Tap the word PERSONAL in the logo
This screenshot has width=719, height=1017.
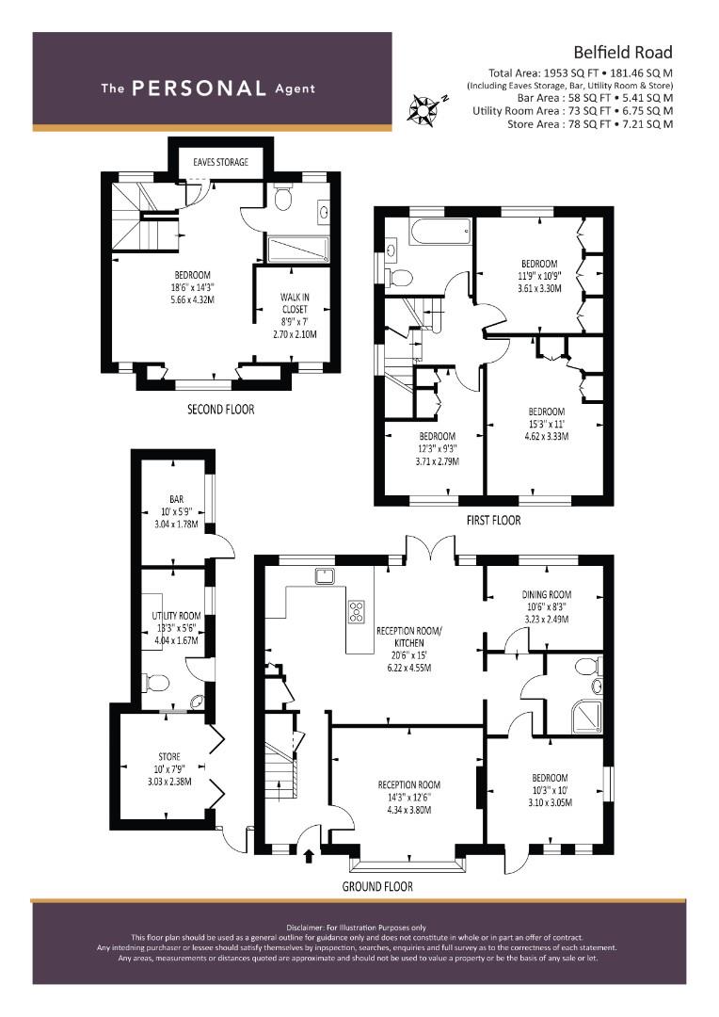coord(199,89)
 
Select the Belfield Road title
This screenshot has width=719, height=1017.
coord(622,52)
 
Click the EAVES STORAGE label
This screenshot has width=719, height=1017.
coord(220,162)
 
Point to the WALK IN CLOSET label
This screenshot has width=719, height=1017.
coord(295,303)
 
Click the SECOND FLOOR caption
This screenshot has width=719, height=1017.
coord(220,410)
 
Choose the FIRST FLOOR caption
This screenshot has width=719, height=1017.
coord(493,520)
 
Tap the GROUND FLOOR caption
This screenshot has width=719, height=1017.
coord(377,886)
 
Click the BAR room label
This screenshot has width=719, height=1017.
coord(176,499)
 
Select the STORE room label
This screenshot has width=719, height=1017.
coord(169,757)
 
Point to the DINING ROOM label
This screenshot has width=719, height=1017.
coord(547,594)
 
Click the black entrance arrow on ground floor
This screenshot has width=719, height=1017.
coord(309,856)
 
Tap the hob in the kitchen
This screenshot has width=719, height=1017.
coord(357,612)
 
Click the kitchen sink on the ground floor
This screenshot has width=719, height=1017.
coord(324,576)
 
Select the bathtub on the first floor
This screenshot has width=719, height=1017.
coord(439,232)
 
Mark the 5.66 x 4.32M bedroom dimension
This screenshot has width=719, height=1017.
coord(193,299)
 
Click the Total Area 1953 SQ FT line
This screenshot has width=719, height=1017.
coord(581,73)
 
